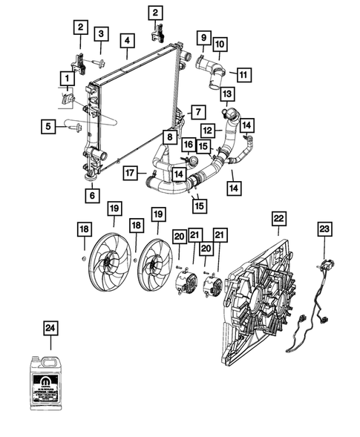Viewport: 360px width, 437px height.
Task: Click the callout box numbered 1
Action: click(67, 77)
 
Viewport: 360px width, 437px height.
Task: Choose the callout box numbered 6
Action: click(92, 196)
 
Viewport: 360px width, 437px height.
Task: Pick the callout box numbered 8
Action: click(170, 137)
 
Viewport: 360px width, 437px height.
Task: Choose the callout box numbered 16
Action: click(189, 144)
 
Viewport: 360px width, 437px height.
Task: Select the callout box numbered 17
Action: click(130, 172)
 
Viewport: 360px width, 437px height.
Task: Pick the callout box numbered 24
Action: click(50, 327)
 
